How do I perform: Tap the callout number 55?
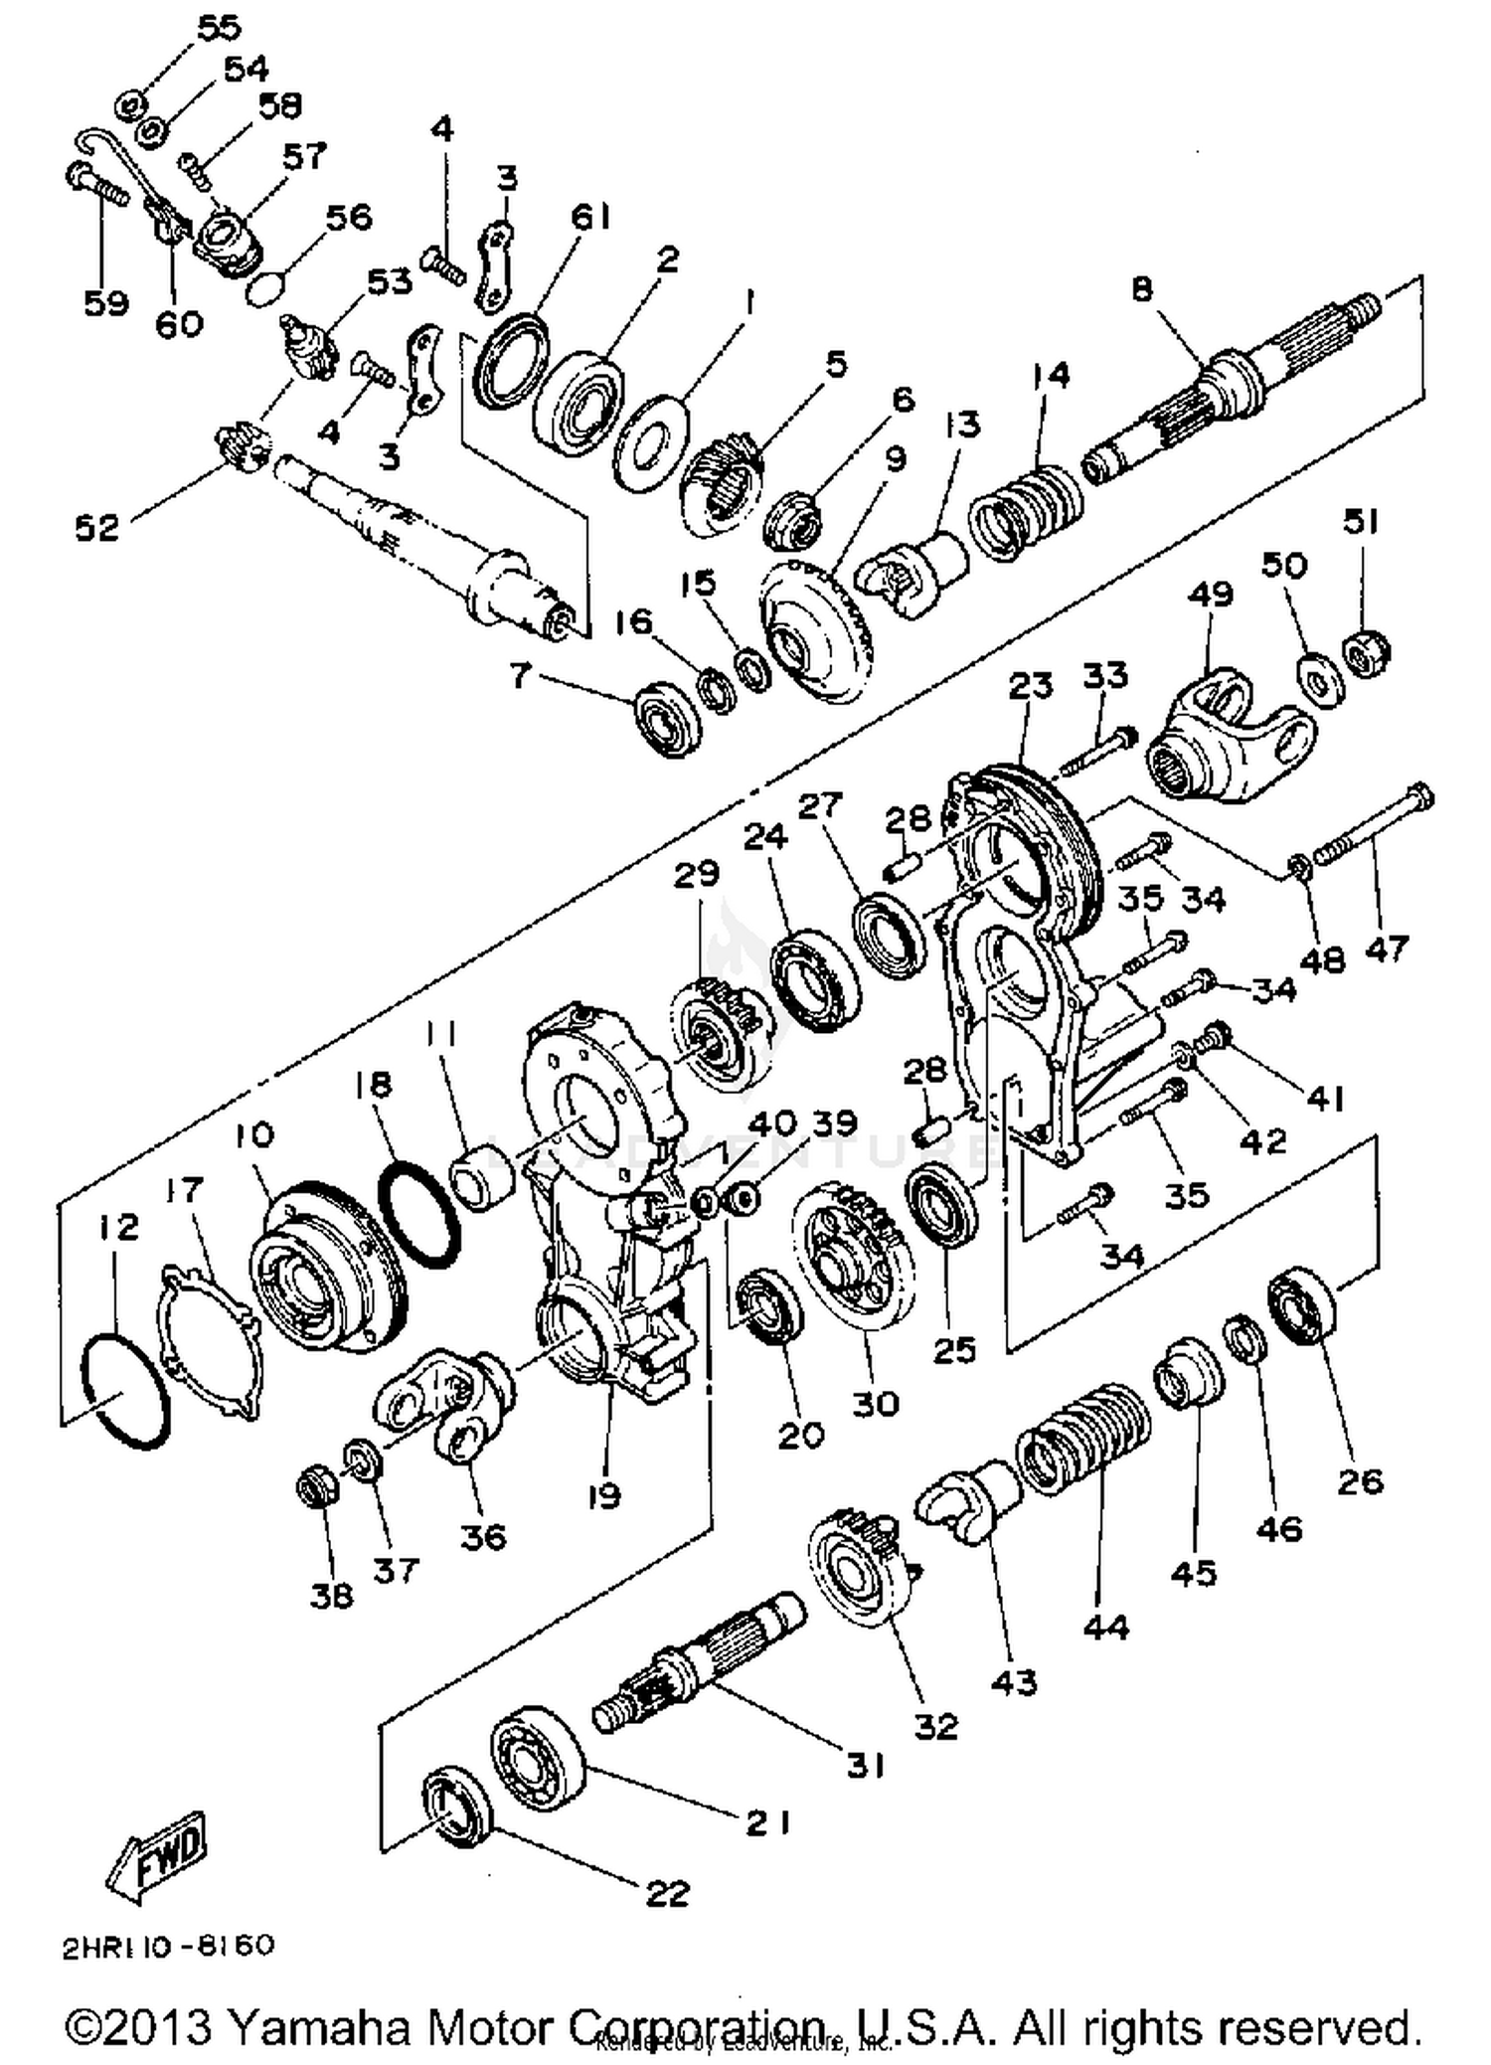click(x=219, y=27)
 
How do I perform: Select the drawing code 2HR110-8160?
click(x=168, y=1946)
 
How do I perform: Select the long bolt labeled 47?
click(x=1376, y=825)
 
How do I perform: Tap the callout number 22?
click(x=667, y=1893)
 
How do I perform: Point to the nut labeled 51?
click(x=1368, y=652)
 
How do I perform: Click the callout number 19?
click(x=603, y=1495)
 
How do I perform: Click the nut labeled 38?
click(x=318, y=1487)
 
